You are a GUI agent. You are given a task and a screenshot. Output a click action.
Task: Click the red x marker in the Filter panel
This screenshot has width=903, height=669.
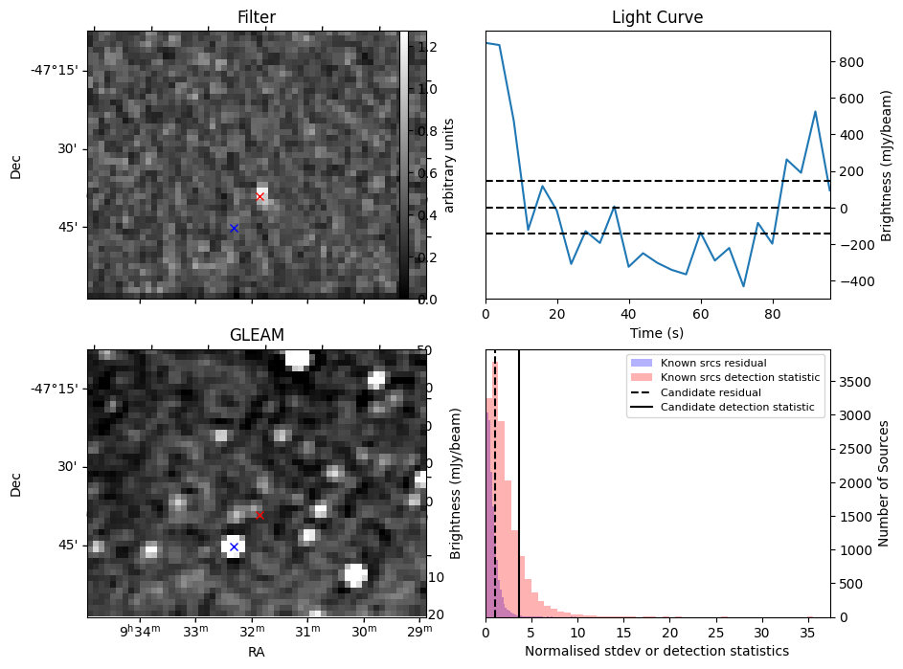[x=260, y=197]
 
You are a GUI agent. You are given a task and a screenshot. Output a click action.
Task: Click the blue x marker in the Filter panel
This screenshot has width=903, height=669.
[x=234, y=229]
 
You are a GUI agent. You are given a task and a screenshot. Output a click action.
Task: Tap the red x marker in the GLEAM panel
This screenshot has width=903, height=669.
[x=260, y=515]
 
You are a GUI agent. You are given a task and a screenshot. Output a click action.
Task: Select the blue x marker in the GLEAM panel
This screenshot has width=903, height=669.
[x=234, y=547]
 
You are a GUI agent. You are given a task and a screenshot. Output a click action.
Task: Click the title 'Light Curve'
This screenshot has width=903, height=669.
[x=657, y=18]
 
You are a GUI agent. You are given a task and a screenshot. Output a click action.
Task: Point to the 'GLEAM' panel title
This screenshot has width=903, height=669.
[x=257, y=335]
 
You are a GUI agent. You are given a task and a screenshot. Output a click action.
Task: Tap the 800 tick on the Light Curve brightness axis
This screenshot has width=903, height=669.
[x=853, y=62]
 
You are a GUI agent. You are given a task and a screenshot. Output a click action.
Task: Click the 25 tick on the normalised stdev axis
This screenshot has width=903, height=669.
[x=715, y=633]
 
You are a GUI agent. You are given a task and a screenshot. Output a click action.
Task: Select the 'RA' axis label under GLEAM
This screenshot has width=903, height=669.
[x=257, y=653]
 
